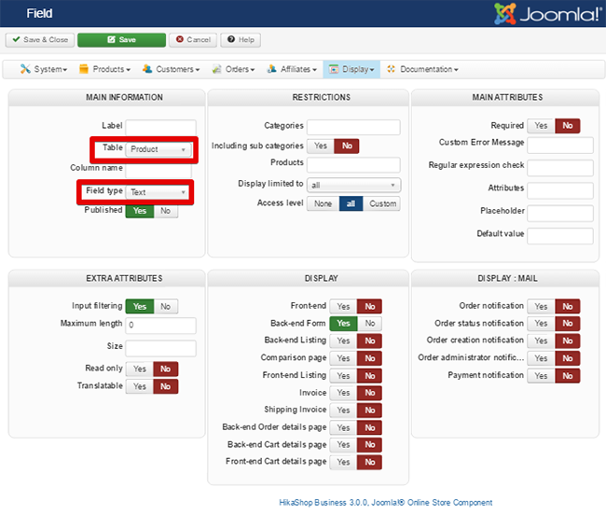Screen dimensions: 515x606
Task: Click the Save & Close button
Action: click(x=39, y=40)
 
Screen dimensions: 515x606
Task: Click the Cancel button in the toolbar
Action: click(x=192, y=40)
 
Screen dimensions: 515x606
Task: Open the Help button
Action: click(x=241, y=40)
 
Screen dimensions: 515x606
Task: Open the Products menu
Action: click(x=103, y=69)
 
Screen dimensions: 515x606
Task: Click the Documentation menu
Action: click(x=422, y=69)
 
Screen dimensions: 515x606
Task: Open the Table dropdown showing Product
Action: click(x=159, y=149)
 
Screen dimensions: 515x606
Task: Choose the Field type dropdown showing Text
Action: click(x=159, y=192)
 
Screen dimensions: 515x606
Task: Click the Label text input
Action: click(x=160, y=127)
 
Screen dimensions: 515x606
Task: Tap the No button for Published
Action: click(x=165, y=211)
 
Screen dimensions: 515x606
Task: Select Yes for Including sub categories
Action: click(x=320, y=146)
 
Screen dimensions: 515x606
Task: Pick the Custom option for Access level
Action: click(x=382, y=203)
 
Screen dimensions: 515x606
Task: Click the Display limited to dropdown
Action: click(x=353, y=185)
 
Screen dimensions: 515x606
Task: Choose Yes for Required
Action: click(x=541, y=126)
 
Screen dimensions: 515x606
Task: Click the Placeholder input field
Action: click(x=559, y=213)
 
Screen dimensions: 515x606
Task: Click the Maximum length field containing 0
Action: click(x=160, y=326)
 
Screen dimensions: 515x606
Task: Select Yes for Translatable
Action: click(x=139, y=386)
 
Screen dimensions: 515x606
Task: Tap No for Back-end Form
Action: click(x=369, y=324)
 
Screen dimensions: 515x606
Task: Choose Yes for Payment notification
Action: click(x=541, y=375)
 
